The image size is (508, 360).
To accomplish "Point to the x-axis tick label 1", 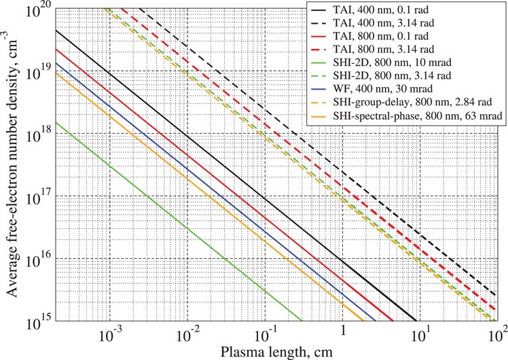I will pyautogui.click(x=343, y=334).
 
